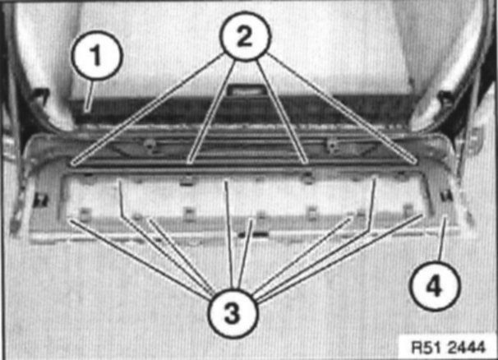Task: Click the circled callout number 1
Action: [x=96, y=54]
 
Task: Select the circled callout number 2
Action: [x=245, y=35]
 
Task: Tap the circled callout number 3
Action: [x=233, y=313]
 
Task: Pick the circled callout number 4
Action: [x=435, y=286]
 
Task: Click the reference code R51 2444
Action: [x=449, y=346]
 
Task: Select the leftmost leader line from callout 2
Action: [x=148, y=109]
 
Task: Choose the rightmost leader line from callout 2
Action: [x=342, y=108]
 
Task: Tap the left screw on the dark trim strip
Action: [x=148, y=145]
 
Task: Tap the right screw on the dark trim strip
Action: [x=332, y=144]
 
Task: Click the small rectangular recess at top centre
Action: [x=246, y=90]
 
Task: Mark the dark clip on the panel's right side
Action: [x=446, y=196]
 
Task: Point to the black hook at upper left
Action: [x=40, y=94]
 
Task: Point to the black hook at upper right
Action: [x=446, y=96]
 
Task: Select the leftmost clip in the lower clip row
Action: [x=83, y=214]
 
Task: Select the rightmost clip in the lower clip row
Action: [x=408, y=210]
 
